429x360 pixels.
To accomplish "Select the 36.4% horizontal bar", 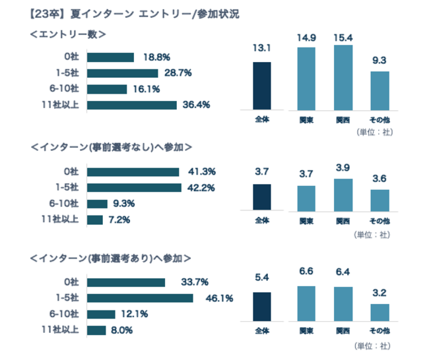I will pos(131,104).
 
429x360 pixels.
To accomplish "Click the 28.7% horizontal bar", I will pos(122,73).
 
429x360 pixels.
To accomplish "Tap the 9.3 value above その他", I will pos(379,61).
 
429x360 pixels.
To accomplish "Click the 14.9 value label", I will pos(306,37).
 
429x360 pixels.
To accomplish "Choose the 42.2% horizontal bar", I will pos(133,188).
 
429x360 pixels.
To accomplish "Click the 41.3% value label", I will pos(201,172).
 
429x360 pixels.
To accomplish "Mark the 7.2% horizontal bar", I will pos(94,220).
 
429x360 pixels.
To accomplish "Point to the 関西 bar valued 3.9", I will pos(343,194).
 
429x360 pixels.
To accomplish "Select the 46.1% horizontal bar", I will pos(140,298).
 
